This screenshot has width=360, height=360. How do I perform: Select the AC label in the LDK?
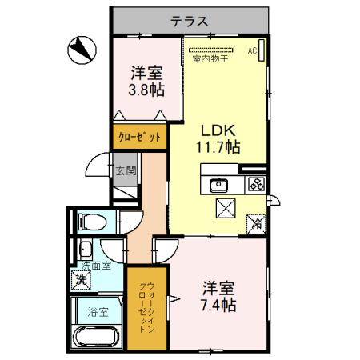(251, 50)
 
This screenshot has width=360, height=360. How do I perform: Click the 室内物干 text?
(210, 58)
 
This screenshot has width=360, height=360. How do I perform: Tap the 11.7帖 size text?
(218, 147)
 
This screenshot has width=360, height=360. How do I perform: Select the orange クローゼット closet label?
(141, 137)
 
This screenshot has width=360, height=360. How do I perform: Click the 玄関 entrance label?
(125, 170)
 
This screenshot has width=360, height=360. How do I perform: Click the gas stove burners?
(256, 185)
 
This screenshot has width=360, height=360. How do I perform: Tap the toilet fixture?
(91, 222)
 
